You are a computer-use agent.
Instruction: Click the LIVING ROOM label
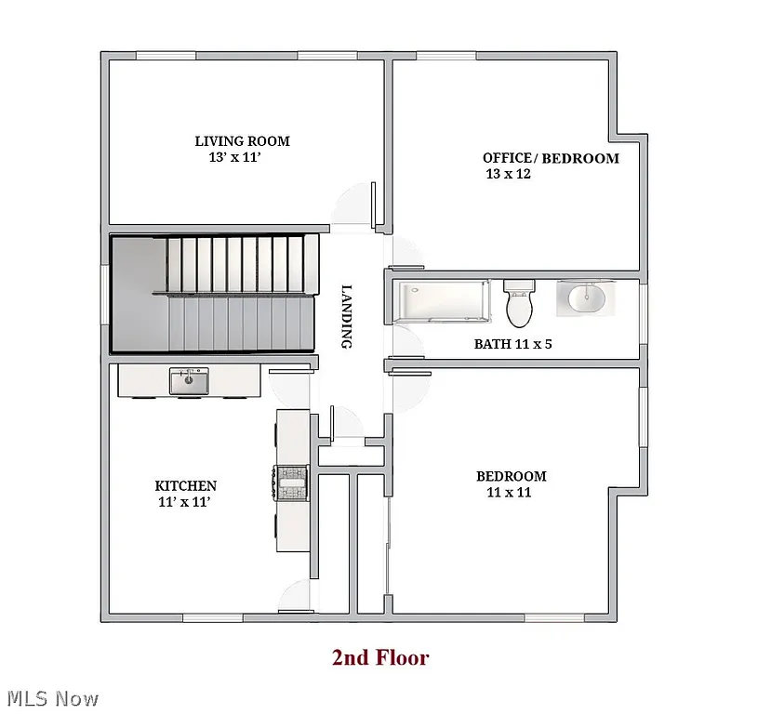(242, 141)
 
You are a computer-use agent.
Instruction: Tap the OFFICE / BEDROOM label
(551, 158)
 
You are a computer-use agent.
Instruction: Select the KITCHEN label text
(186, 485)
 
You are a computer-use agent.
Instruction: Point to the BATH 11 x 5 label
(514, 344)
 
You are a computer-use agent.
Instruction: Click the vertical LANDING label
(346, 316)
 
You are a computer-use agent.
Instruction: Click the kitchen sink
(189, 380)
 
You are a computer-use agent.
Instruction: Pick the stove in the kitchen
(290, 482)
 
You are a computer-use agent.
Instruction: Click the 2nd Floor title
(380, 658)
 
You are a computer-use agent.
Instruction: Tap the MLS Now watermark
(52, 697)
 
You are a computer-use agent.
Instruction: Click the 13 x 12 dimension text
(508, 174)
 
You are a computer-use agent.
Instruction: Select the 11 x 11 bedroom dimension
(509, 492)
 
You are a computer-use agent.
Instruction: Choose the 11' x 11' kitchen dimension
(186, 502)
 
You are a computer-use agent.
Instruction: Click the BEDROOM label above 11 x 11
(512, 476)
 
